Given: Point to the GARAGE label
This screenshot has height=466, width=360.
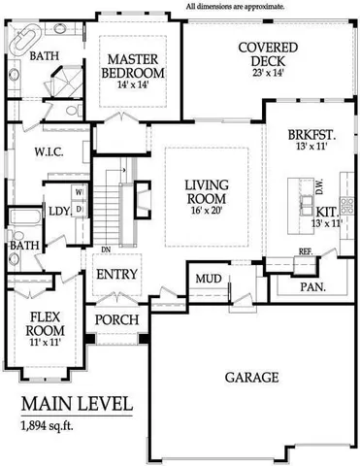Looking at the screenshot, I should click(252, 376).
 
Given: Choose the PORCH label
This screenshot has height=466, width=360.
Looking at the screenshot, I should click(115, 320).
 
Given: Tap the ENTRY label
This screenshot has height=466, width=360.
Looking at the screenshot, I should click(117, 275).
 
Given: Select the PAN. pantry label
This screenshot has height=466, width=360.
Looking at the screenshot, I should click(311, 286).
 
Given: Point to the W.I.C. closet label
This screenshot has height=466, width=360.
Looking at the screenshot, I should click(48, 151).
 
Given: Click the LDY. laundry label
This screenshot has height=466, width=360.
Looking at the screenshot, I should click(57, 209).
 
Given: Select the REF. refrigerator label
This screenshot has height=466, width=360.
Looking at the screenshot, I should click(304, 251).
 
